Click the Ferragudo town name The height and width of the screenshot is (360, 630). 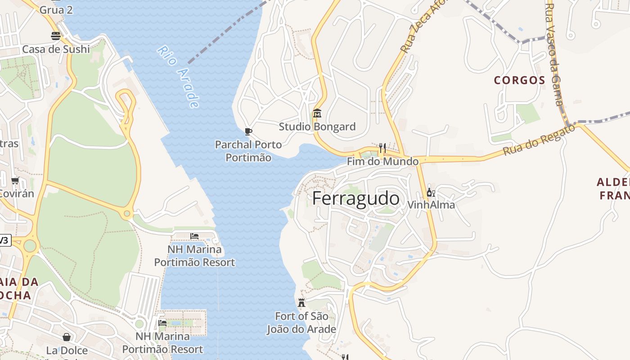pos(355,198)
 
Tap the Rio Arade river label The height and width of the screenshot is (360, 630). pos(178,77)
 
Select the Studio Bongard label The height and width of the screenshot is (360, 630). pos(317,126)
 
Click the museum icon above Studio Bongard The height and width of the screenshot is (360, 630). pos(317,113)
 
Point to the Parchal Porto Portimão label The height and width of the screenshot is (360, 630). pos(248,151)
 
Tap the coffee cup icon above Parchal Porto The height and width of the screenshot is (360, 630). pos(248,131)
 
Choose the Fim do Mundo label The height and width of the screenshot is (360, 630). pos(382,161)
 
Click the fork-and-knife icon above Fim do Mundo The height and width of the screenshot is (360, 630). pos(382,148)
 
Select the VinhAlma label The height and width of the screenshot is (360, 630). pos(431,205)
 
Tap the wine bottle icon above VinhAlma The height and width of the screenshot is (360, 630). pos(430,193)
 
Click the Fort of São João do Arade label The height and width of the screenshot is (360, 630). pos(301,323)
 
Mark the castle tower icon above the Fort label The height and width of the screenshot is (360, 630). pos(301,302)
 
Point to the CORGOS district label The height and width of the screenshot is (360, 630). pos(520,81)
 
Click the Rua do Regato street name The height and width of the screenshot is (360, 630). pos(539,140)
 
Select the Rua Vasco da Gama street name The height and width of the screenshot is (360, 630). pos(554,54)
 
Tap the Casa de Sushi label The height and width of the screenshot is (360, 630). pos(56,49)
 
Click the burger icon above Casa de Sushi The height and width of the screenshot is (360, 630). pos(56,36)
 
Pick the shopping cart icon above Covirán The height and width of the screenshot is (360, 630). pos(15,181)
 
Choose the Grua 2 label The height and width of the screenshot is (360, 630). pos(56,9)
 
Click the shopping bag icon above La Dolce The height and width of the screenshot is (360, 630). pos(67,337)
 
